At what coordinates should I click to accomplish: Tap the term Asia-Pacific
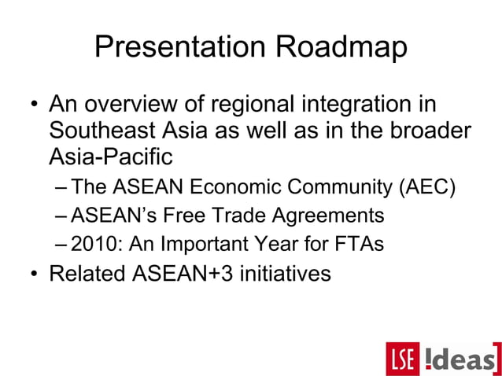(111, 157)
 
